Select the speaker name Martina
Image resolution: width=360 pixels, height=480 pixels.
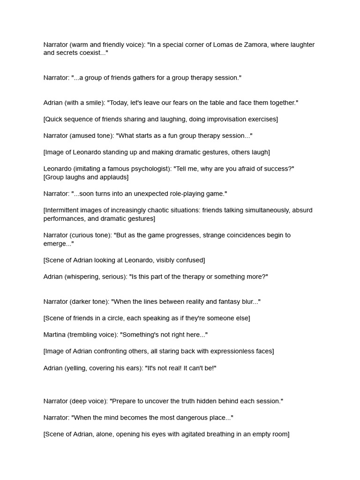click(x=54, y=335)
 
